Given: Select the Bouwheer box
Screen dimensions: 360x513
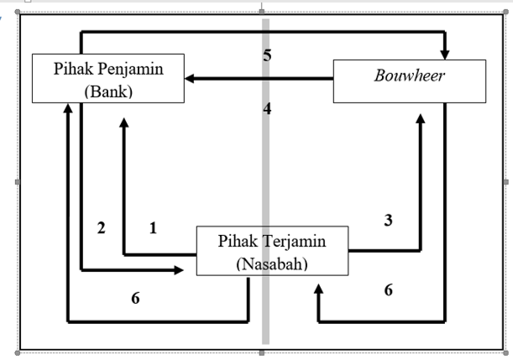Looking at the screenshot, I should pos(409,81).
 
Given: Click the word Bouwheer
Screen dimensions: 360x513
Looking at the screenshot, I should pos(409,79).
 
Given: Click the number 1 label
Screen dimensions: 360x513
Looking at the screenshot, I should pos(153,227).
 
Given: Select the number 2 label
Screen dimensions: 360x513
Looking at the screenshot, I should pos(102,227).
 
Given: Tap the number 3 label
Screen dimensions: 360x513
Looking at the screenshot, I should pos(388,221).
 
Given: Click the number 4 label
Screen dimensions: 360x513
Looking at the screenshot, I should pos(267,108).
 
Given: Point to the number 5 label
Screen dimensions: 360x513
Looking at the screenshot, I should pos(267,56).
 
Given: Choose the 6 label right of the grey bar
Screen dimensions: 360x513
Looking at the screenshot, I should pos(388,290).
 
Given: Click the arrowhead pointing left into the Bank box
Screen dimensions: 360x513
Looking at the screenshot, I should pos(191,79).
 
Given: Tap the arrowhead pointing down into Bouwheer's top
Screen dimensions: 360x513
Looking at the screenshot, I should pos(445,55).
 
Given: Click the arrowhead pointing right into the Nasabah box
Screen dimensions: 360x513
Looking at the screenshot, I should pos(179,269).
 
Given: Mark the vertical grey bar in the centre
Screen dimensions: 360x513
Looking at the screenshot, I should pos(266,185).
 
